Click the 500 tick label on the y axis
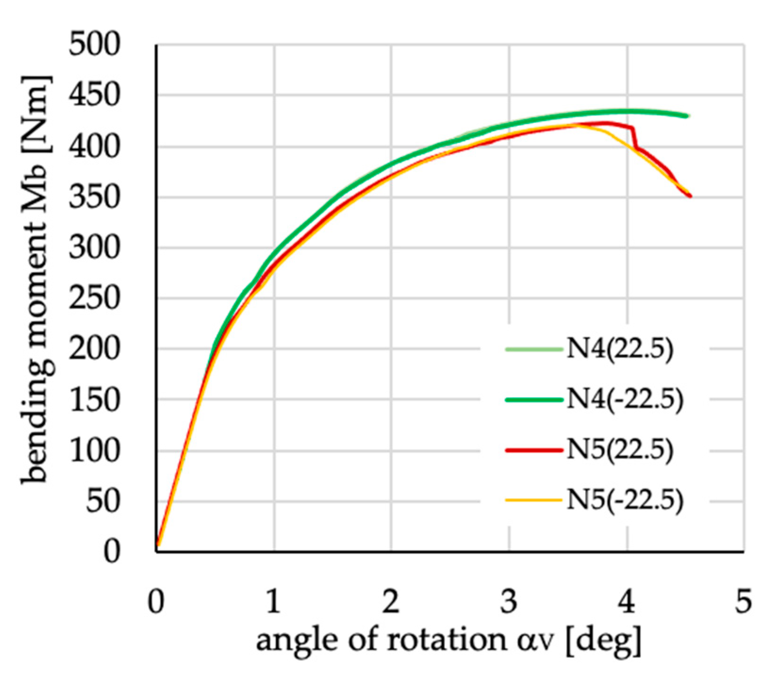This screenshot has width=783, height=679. (x=94, y=46)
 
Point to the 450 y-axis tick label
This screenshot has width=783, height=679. (x=94, y=96)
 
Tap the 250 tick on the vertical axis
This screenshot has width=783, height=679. (x=94, y=298)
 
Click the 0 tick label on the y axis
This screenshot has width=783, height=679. (x=112, y=551)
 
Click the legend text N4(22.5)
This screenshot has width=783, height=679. (x=619, y=349)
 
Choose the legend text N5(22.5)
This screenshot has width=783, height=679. (x=619, y=450)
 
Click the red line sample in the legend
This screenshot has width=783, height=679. (x=534, y=450)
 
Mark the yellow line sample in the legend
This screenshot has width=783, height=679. (x=534, y=500)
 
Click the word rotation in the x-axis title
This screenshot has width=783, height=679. (x=445, y=640)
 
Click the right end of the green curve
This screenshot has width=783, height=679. (x=687, y=116)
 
